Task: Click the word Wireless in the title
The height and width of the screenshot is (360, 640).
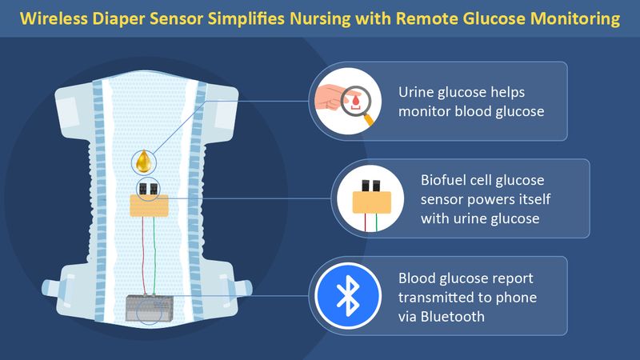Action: [x=54, y=18]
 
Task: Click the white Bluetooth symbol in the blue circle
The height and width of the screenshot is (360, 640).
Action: [x=348, y=296]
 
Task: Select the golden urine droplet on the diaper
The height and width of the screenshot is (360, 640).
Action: [x=144, y=162]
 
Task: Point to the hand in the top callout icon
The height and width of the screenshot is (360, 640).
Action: [x=331, y=97]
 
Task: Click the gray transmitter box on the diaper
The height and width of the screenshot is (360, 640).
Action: [x=149, y=308]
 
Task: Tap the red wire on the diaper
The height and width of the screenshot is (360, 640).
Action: [x=143, y=255]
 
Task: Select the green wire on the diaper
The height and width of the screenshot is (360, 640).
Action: [x=154, y=255]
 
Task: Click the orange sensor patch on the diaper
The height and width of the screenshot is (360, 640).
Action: [x=149, y=206]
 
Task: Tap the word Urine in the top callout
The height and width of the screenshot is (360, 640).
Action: [x=415, y=92]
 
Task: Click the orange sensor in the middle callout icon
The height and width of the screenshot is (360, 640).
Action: [x=372, y=202]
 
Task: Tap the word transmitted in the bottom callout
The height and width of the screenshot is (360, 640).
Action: [x=439, y=297]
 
